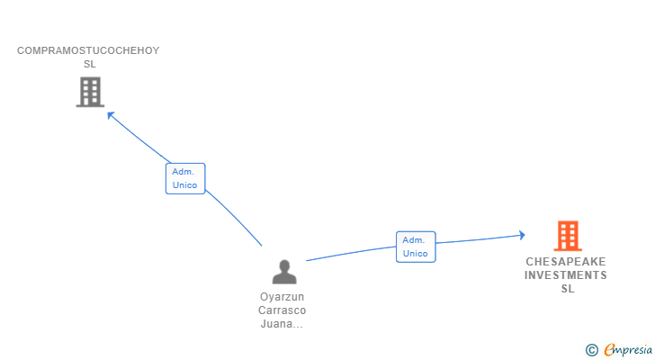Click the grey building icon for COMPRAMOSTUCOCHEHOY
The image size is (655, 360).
[x=90, y=92]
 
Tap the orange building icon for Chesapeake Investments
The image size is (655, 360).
[x=567, y=236]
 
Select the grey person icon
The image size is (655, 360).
[x=284, y=272]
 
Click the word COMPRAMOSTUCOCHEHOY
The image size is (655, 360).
[x=88, y=50]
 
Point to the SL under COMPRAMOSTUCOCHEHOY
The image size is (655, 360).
[x=89, y=64]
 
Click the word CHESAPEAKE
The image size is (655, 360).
[x=567, y=262]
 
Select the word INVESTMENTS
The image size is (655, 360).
[x=567, y=275]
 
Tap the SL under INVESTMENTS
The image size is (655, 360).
[x=567, y=289]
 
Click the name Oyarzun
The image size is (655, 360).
[x=283, y=297]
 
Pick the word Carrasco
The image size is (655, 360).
[x=283, y=310]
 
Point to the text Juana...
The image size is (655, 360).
[x=279, y=324]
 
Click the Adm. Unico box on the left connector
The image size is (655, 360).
[x=185, y=178]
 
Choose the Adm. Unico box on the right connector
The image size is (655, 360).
[x=416, y=247]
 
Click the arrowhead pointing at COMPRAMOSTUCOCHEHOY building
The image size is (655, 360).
[x=111, y=114]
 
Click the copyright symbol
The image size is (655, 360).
[x=591, y=350]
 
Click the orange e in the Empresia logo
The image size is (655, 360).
[x=610, y=350]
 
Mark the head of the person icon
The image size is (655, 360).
[x=284, y=265]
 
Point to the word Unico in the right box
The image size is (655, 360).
[x=416, y=254]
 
